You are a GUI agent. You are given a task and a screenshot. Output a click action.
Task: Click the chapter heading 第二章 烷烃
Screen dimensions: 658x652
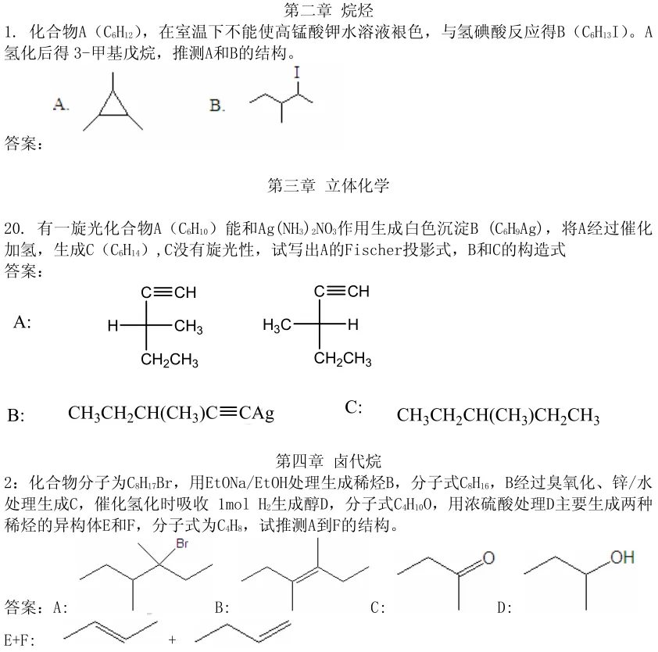click(328, 10)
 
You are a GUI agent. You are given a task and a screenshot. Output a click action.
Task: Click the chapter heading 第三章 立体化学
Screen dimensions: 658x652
click(328, 185)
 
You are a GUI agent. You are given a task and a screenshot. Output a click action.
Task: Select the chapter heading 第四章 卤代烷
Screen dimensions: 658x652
click(328, 460)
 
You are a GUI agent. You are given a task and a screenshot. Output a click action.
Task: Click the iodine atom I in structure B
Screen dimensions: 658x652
click(297, 73)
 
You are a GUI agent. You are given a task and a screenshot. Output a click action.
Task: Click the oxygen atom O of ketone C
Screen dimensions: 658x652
click(488, 558)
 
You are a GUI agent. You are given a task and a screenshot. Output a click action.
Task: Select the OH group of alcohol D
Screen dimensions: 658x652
click(622, 557)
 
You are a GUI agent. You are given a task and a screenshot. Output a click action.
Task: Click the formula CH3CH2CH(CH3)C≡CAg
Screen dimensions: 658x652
click(171, 413)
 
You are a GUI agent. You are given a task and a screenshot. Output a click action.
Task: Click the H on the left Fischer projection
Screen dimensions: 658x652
click(113, 326)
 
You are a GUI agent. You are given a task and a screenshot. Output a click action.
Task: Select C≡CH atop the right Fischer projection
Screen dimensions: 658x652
click(342, 292)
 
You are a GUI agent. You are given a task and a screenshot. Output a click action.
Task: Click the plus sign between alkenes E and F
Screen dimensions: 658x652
click(172, 639)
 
